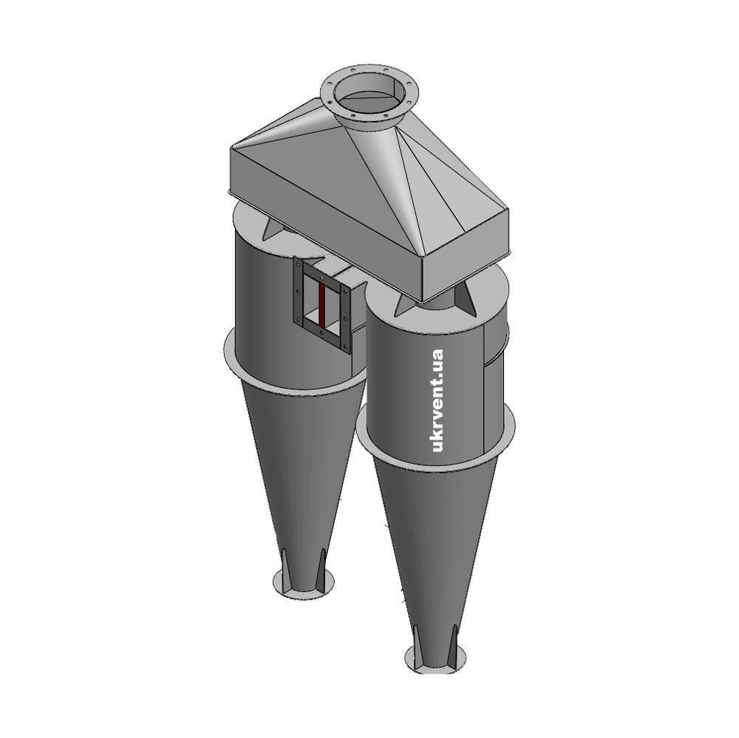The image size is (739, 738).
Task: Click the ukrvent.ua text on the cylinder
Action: click(437, 400)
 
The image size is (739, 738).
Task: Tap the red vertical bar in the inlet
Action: click(321, 304)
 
